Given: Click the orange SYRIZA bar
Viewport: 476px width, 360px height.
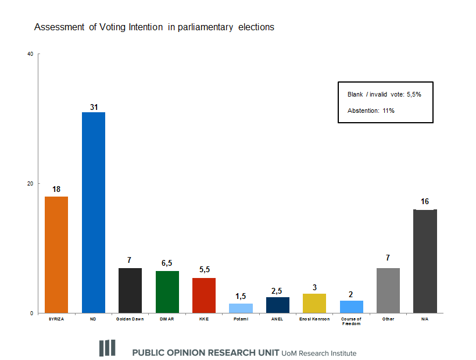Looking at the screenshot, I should [x=56, y=254].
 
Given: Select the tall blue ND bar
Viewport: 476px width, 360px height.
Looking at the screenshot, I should [x=93, y=212].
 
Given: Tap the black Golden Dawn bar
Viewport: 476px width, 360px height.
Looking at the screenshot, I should [x=130, y=290].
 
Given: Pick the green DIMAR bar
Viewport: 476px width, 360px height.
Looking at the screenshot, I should [x=167, y=292].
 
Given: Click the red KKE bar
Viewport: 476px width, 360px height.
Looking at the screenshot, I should [x=204, y=295].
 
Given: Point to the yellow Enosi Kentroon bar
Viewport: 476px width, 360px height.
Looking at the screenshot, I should [x=314, y=303].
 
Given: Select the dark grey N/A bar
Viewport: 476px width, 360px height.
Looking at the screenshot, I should [x=425, y=261].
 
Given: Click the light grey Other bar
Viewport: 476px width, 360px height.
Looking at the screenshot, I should [x=388, y=290].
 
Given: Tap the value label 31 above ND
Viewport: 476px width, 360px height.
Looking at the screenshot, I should [x=94, y=106].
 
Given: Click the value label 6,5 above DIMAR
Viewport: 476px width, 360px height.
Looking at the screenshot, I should [x=167, y=263].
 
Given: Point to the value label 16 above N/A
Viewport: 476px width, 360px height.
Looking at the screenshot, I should [x=425, y=202].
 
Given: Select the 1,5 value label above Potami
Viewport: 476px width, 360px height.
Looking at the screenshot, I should [x=241, y=296].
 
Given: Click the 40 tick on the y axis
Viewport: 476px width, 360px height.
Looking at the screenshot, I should [x=30, y=54].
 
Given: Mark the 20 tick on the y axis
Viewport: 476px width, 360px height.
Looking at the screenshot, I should [x=30, y=184].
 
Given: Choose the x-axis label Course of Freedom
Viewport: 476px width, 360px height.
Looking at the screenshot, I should [x=351, y=321].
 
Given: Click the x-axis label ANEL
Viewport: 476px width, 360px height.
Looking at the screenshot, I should [x=278, y=319].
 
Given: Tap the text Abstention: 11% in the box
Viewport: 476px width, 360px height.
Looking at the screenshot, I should [x=371, y=111].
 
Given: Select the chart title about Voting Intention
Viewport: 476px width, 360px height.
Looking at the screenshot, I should [x=154, y=27].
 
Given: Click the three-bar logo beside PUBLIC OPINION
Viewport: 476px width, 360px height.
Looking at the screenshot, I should [x=107, y=348].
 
